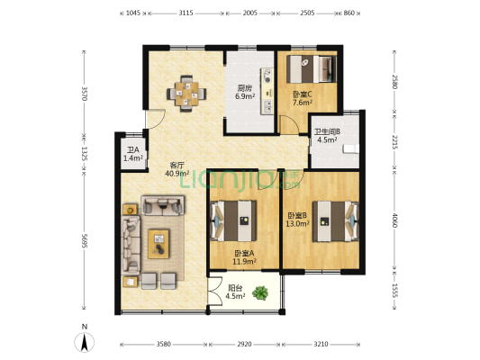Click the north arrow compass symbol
(84, 341)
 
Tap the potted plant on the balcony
(260, 293)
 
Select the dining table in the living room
(186, 94)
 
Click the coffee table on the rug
(158, 244)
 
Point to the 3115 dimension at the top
(186, 13)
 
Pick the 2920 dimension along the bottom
(244, 345)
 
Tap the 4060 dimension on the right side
(394, 220)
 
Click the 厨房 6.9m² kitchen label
(245, 93)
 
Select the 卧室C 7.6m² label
(303, 98)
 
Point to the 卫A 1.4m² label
(133, 154)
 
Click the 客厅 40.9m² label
(177, 170)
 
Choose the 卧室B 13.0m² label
(297, 220)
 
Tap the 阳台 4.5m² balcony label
(235, 292)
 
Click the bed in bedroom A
(234, 220)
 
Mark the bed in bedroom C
(312, 68)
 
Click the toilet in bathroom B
(351, 148)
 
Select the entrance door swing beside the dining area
(156, 120)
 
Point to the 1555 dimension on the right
(394, 291)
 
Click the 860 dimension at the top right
(349, 13)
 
